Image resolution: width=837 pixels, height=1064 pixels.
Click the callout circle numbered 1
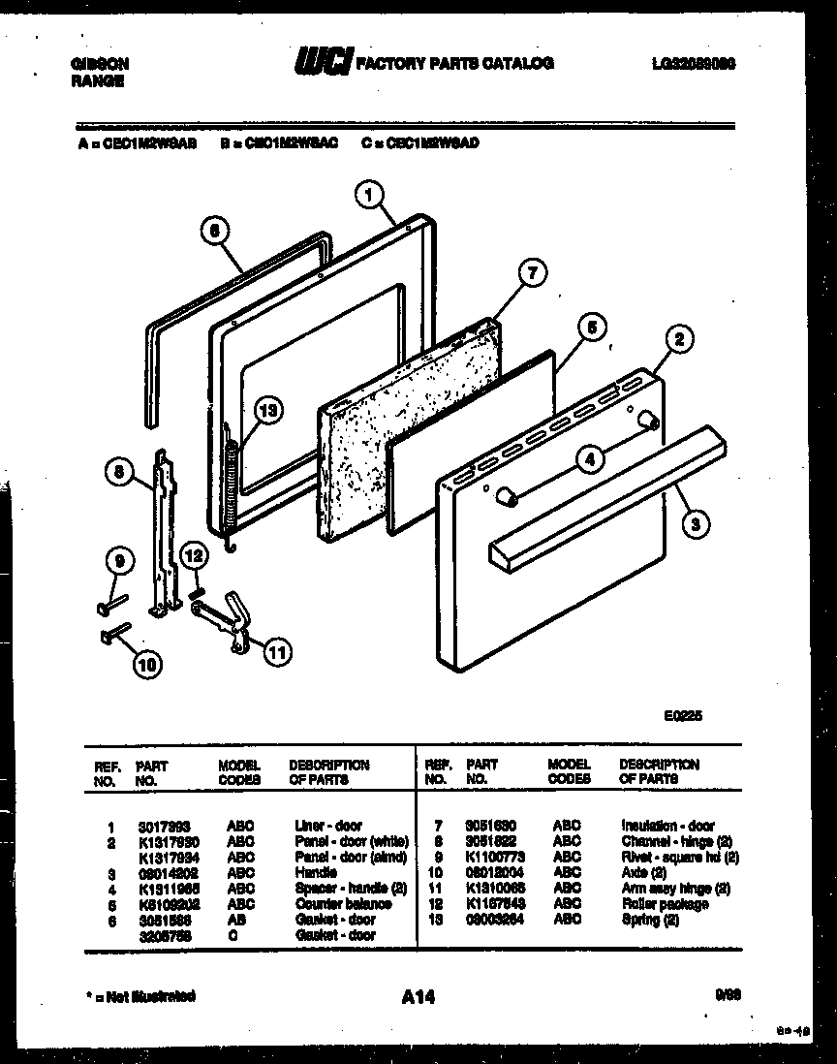(x=366, y=196)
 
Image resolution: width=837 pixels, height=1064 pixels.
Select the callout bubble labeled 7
(x=530, y=273)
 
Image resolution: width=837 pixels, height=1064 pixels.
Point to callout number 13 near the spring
(x=267, y=410)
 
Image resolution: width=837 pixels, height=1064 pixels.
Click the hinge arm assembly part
(x=227, y=621)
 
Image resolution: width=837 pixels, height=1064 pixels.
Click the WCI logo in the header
(x=324, y=63)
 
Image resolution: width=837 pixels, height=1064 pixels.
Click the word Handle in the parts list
(x=315, y=873)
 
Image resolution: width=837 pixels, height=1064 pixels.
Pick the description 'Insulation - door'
(x=667, y=826)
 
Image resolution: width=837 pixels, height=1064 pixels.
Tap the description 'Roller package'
(x=665, y=904)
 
